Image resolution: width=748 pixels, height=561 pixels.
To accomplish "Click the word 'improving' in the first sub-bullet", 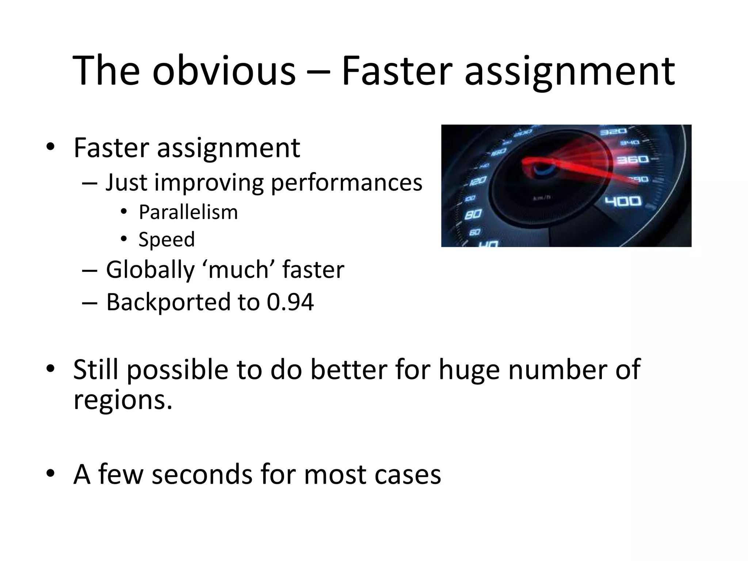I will pyautogui.click(x=208, y=183).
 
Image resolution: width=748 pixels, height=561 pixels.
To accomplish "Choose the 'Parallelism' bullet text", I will pyautogui.click(x=188, y=212).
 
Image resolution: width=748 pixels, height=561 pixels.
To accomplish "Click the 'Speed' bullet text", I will pyautogui.click(x=167, y=240).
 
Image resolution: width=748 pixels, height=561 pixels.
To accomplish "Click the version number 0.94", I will pyautogui.click(x=290, y=302).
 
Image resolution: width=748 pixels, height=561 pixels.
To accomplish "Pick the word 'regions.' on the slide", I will pyautogui.click(x=123, y=400).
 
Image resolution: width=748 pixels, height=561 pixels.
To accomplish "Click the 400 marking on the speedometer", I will pyautogui.click(x=623, y=201).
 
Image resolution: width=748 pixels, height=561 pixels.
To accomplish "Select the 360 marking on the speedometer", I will pyautogui.click(x=632, y=160).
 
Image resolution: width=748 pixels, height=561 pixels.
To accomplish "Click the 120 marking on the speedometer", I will pyautogui.click(x=477, y=180).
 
